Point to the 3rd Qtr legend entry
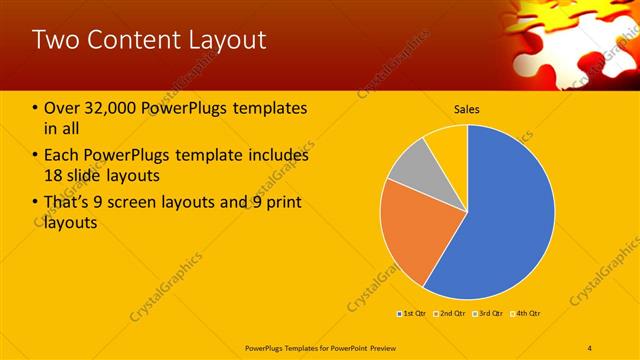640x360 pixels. [489, 314]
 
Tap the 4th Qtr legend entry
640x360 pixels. [526, 314]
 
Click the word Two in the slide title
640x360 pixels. [55, 40]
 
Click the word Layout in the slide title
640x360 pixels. [228, 40]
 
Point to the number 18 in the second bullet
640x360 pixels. [54, 176]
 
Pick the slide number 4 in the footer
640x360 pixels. [590, 346]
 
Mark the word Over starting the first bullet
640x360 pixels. [63, 108]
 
